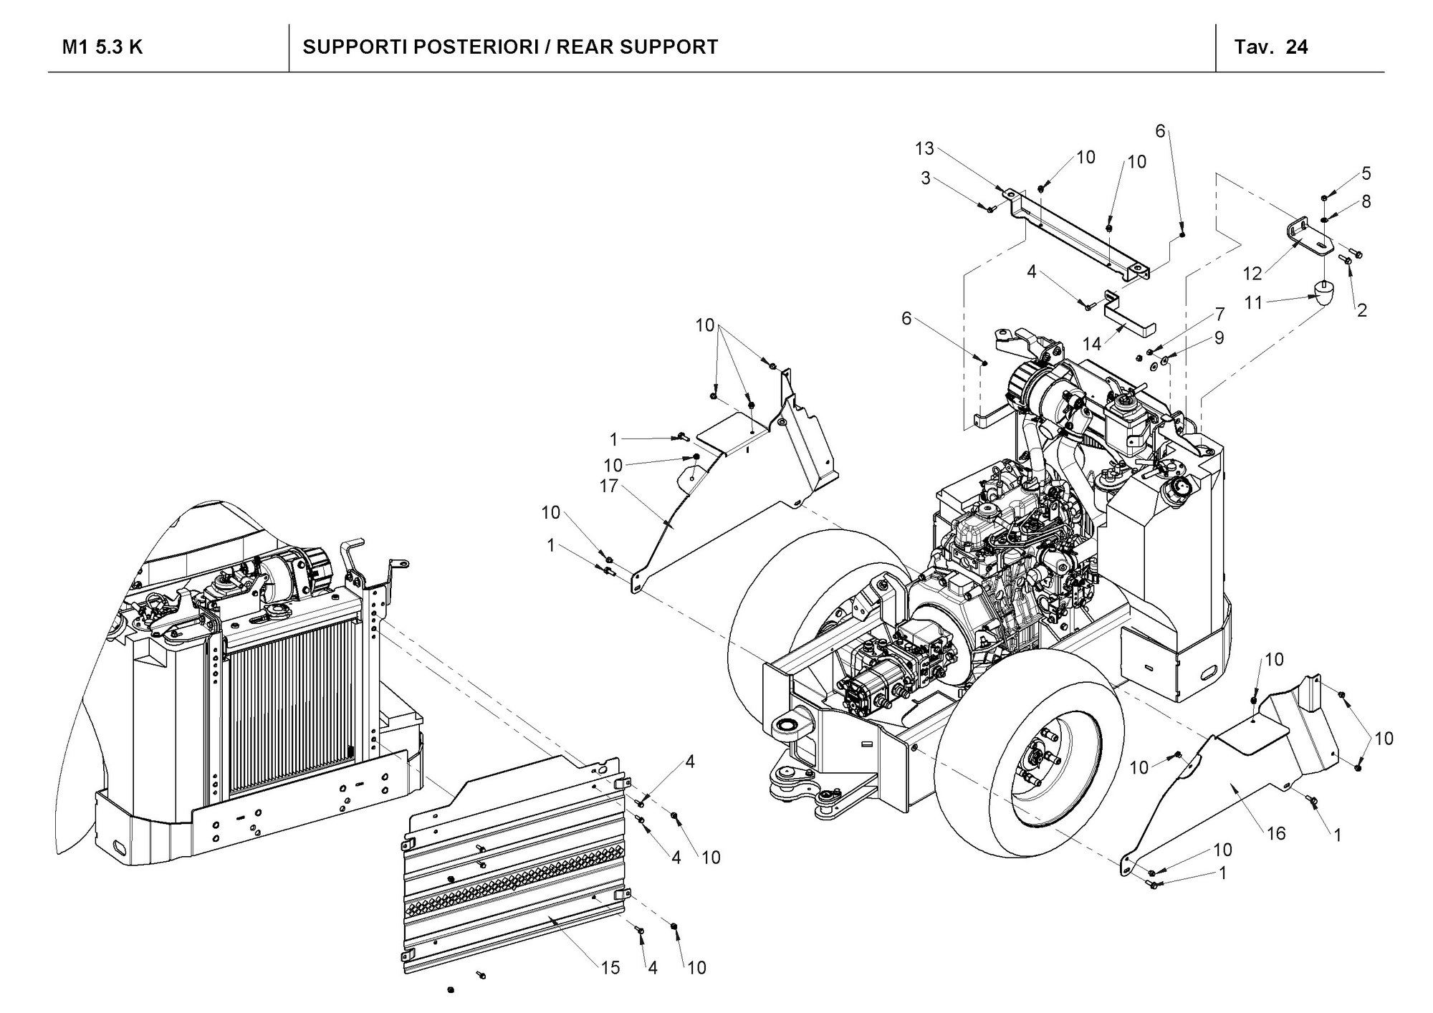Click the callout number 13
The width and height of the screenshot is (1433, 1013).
click(x=924, y=148)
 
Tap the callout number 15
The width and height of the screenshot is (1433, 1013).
click(x=610, y=968)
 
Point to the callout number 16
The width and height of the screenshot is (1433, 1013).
click(x=1276, y=833)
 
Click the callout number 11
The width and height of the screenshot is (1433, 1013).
click(x=1253, y=303)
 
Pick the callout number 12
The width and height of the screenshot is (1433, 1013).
click(x=1252, y=273)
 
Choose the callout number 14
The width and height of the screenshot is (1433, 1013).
click(x=1091, y=344)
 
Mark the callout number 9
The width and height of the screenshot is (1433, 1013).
click(x=1219, y=337)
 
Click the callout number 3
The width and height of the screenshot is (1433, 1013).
click(x=926, y=178)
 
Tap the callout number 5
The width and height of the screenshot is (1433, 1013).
click(x=1366, y=173)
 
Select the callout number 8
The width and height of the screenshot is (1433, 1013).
click(x=1366, y=202)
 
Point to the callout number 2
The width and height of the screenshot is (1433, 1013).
click(x=1361, y=310)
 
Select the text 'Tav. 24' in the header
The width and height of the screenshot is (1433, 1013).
click(x=1270, y=47)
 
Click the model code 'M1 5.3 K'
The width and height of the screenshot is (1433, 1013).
click(x=102, y=47)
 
